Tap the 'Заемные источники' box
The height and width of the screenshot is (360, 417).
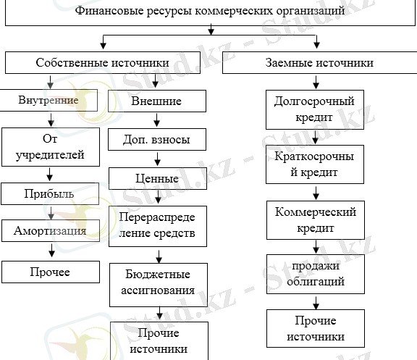[315, 63]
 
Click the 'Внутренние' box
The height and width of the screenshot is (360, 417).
[49, 100]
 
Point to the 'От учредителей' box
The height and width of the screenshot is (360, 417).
[49, 146]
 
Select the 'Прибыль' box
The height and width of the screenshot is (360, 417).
[49, 194]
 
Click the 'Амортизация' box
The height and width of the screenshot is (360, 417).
[49, 232]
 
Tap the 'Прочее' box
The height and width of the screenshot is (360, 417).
[49, 272]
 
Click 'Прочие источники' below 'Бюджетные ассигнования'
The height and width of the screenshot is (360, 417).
[156, 341]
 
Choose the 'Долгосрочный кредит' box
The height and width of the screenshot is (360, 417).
[315, 109]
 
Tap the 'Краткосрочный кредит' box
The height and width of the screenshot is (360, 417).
[315, 164]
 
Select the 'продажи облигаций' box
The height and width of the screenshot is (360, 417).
[315, 275]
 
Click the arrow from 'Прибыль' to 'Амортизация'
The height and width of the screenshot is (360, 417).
[49, 213]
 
